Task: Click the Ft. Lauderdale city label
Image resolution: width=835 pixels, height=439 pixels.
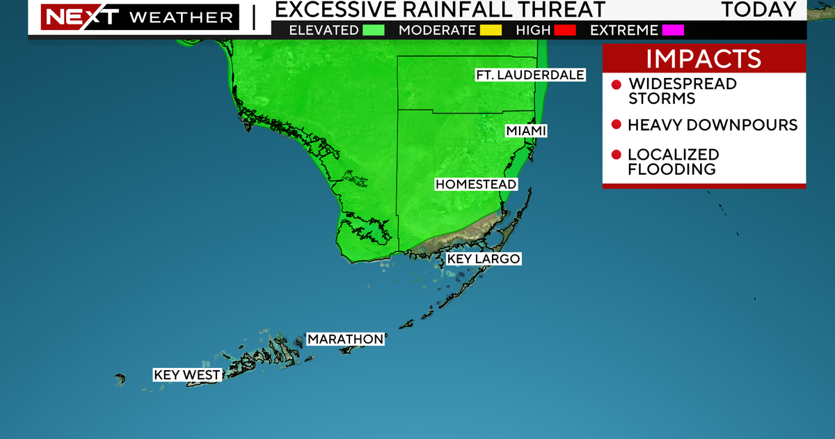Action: (x=530, y=75)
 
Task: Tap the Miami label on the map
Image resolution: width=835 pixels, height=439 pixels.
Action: (x=526, y=131)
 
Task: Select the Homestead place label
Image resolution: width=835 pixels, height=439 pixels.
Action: (x=476, y=185)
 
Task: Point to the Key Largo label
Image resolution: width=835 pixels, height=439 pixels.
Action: (x=483, y=259)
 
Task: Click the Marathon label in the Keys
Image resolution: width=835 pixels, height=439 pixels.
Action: (x=345, y=339)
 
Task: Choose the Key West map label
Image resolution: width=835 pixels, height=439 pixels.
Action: (x=186, y=375)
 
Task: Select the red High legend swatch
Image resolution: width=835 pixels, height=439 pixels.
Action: (x=562, y=30)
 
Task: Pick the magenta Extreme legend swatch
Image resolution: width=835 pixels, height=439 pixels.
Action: (x=673, y=30)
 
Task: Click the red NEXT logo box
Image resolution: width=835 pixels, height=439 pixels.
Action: (x=68, y=16)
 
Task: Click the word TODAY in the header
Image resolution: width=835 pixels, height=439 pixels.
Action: (x=758, y=10)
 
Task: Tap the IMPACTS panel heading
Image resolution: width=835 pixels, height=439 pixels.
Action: (x=704, y=59)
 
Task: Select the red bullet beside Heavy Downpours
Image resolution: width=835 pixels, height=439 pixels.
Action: (x=616, y=125)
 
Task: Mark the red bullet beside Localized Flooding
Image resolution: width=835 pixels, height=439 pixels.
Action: (x=616, y=155)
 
